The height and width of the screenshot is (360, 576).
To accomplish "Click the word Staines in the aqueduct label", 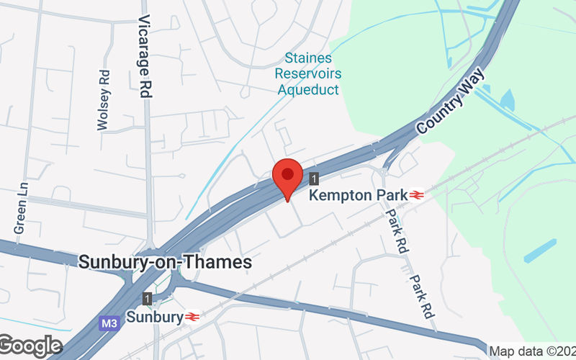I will coord(307,58).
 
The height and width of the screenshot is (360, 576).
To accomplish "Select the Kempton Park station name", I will coord(357,195).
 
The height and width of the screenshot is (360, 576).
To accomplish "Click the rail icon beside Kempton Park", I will coord(417,195).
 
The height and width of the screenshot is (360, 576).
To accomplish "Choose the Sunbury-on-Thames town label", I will coord(165,262).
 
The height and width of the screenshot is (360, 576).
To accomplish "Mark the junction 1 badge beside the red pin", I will coord(314,178).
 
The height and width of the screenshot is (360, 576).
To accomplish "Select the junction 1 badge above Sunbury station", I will coord(148,298).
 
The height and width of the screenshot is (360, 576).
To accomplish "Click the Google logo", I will coord(30,346).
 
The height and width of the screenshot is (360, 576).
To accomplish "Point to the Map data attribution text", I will coord(531,351).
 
